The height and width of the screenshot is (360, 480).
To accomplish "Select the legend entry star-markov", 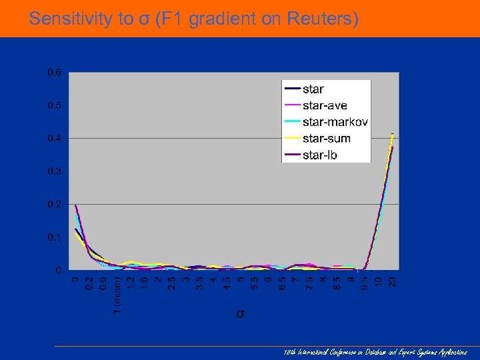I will click(335, 122).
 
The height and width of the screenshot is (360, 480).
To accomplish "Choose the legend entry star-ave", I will click(325, 105).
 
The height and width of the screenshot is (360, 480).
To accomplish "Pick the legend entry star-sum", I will click(326, 139).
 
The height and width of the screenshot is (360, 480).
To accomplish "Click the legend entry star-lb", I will click(320, 155).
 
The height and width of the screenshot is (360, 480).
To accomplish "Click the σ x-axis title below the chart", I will click(240, 313).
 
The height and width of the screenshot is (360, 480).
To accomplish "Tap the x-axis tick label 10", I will click(379, 282).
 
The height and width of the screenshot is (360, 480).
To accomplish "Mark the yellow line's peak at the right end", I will click(392, 134).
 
